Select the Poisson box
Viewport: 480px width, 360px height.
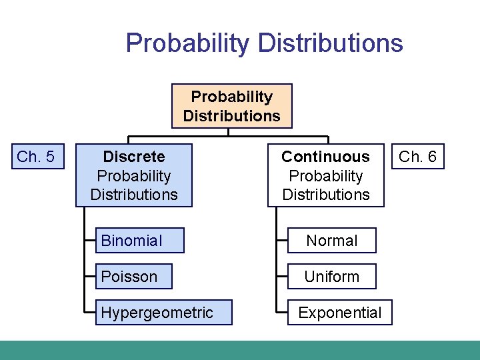pos(133,277)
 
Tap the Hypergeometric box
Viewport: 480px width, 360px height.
pos(163,313)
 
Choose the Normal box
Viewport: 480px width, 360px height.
pos(331,241)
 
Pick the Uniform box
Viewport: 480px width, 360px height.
pos(331,277)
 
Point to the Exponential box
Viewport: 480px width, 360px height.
pos(339,313)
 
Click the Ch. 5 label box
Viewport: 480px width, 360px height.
pos(35,157)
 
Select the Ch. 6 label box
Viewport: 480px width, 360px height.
pos(417,157)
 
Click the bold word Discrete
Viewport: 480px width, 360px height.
pos(134,157)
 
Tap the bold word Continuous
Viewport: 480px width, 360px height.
pos(325,157)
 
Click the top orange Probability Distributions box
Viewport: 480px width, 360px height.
pos(231,106)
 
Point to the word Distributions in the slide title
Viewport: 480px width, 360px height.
pos(330,43)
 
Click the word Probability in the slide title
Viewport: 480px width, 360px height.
pos(187,43)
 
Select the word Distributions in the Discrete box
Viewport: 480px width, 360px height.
pos(134,195)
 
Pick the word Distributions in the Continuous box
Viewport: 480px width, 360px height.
pos(325,195)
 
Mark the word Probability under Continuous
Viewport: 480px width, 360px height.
pos(325,176)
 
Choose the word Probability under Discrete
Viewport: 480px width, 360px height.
pos(134,176)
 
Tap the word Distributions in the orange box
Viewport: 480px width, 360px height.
pos(231,116)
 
